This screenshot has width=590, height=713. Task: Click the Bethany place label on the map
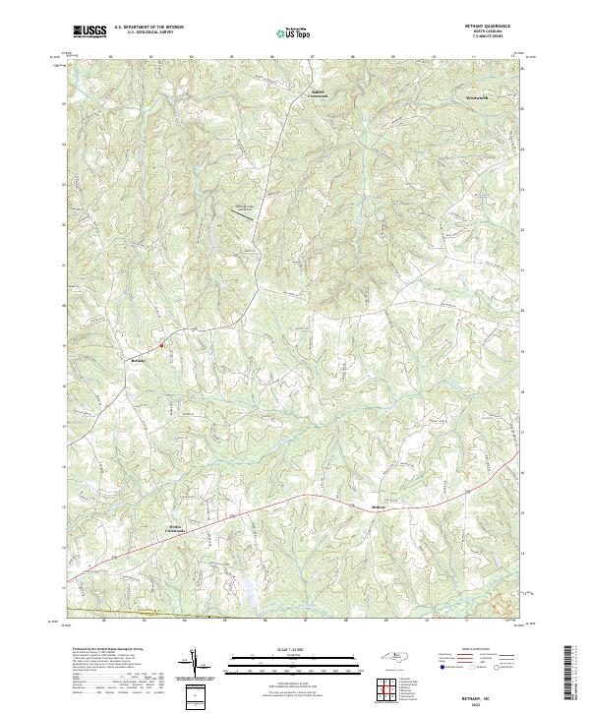138,360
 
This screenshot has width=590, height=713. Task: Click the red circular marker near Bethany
161,345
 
